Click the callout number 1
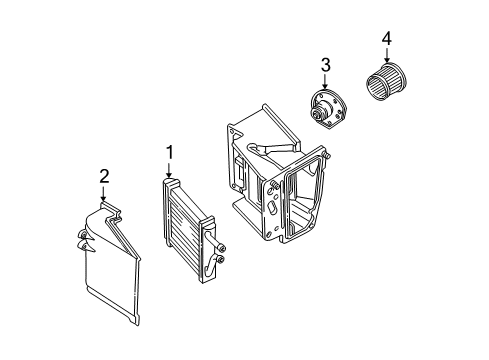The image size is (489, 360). tap(170, 152)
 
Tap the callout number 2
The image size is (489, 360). tap(103, 176)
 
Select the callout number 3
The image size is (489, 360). tap(325, 66)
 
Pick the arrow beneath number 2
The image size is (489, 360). tap(103, 194)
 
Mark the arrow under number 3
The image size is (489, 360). tap(325, 83)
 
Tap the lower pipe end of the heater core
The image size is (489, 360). tap(220, 261)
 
